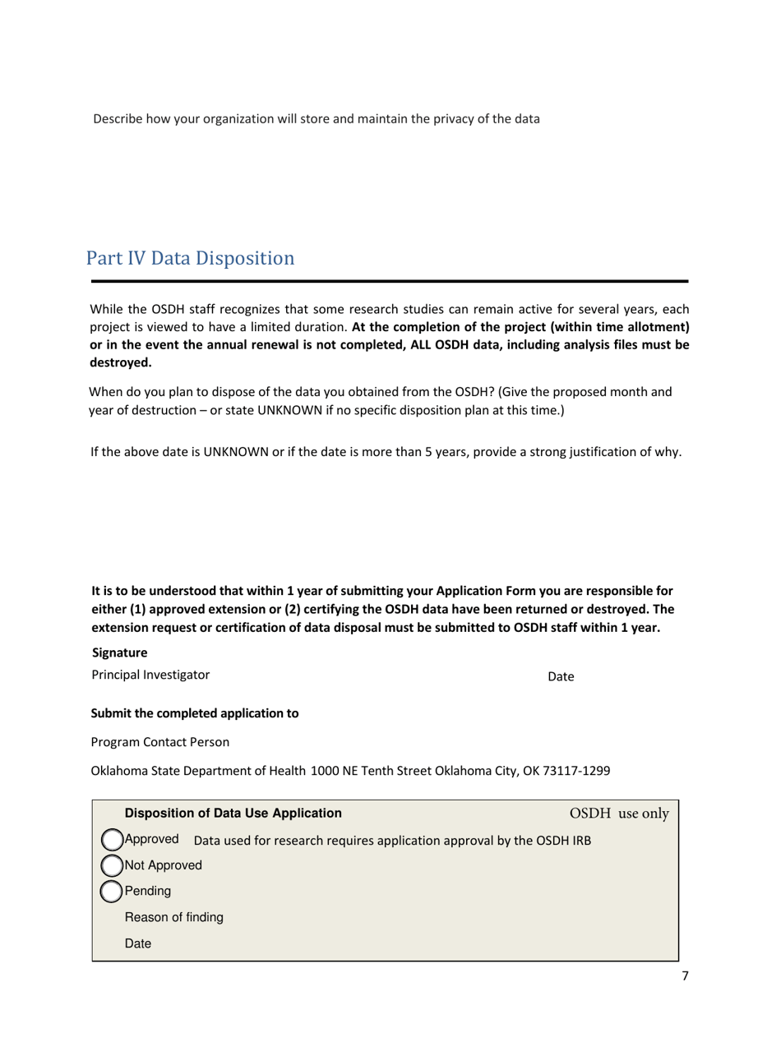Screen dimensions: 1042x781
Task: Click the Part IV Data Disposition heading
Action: click(189, 258)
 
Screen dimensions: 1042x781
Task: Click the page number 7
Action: click(686, 977)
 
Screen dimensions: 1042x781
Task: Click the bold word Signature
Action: click(120, 653)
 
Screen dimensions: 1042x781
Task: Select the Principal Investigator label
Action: click(150, 675)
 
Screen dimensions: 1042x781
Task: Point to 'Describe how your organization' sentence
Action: click(316, 119)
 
